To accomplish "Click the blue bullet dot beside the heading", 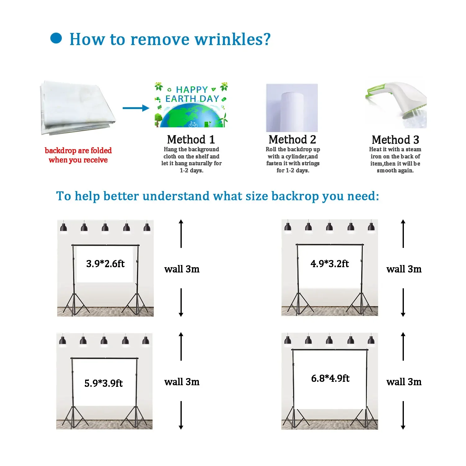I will tap(56, 38).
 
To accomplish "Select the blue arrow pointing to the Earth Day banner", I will tap(136, 108).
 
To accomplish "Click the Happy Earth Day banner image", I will tap(191, 105).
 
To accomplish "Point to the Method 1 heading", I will tap(191, 139).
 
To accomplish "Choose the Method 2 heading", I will tap(292, 139).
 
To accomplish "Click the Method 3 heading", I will tap(395, 140).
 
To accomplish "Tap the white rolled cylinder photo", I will tap(292, 108).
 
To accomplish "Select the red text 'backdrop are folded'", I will tap(78, 151).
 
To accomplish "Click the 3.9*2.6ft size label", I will tap(105, 264).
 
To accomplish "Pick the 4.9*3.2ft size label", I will tap(330, 264).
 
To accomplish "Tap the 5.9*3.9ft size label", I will tap(103, 383).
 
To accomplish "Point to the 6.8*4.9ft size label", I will tap(330, 378).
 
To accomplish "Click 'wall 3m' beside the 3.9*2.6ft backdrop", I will tap(182, 269).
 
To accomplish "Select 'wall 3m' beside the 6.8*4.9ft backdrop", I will tap(404, 382).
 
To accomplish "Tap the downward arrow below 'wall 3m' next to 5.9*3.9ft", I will tap(181, 415).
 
